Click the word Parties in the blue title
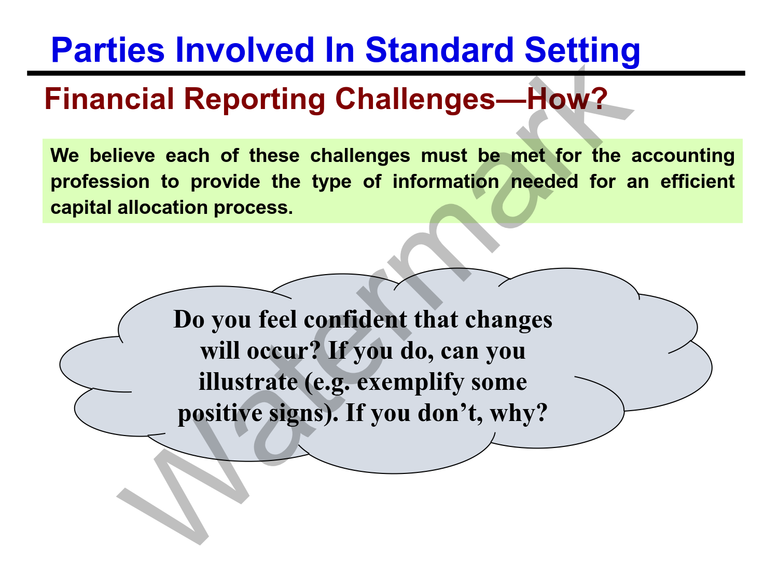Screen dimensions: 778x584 point(108,50)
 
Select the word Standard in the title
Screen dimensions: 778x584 point(439,50)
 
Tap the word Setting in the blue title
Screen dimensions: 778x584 point(582,52)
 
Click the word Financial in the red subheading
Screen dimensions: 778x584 point(109,99)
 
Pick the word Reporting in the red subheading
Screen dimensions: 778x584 point(255,101)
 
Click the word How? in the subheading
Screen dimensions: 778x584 point(567,99)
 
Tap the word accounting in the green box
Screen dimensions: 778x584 point(683,157)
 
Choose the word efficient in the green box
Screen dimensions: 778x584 point(698,181)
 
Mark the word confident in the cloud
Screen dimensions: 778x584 point(355,320)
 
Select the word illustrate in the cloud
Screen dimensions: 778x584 point(248,382)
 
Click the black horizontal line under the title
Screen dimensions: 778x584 point(386,73)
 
